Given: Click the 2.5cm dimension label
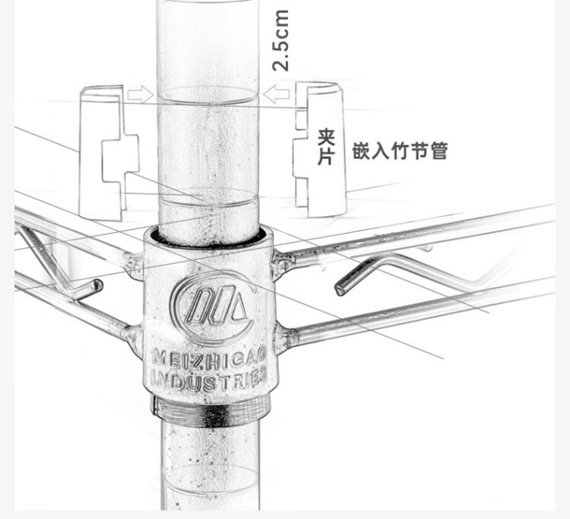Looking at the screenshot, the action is click(x=280, y=40).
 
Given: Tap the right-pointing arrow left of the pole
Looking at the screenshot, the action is click(x=141, y=94).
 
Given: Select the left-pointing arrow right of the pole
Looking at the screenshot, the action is click(x=277, y=94).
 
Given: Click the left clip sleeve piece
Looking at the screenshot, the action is click(x=109, y=153).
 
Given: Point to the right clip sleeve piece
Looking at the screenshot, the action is click(x=320, y=150).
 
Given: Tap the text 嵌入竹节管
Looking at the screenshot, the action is click(x=399, y=151).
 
